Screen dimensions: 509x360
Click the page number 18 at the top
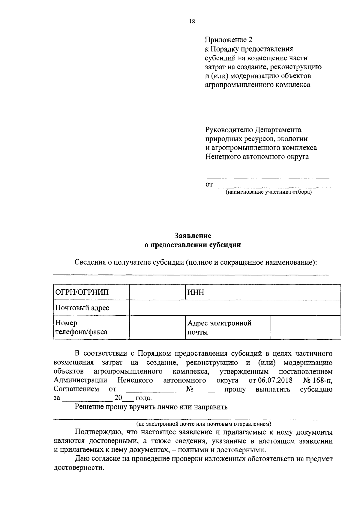192,21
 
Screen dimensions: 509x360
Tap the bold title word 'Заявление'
193,236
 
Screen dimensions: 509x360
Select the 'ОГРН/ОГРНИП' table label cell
91,292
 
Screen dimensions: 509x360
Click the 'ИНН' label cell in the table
227,292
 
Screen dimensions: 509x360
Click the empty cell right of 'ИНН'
305,292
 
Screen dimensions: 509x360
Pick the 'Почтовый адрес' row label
91,308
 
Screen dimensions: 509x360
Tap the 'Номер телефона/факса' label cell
91,327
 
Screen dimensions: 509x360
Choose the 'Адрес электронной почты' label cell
227,327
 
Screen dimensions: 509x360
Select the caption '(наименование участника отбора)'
268,192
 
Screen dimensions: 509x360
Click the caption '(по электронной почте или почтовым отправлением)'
204,424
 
